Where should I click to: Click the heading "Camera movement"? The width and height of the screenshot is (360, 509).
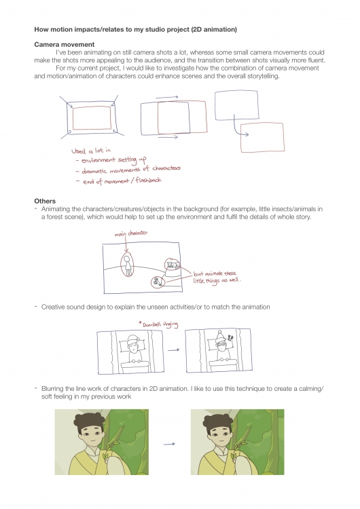(x=65, y=45)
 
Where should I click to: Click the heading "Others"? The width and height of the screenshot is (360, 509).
(x=45, y=201)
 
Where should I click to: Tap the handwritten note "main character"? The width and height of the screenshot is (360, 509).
(x=131, y=233)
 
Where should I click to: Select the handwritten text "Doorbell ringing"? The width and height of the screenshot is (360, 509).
(x=158, y=324)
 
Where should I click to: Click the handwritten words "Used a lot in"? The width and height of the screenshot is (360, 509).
(x=91, y=151)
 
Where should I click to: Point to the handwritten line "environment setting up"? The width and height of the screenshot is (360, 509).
(x=111, y=160)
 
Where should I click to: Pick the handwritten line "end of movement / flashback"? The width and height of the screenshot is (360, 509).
(x=118, y=181)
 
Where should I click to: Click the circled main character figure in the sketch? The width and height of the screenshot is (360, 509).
(x=127, y=264)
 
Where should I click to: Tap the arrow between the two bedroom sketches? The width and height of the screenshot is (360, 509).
(x=173, y=350)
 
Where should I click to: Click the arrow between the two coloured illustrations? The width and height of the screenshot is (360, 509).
(x=169, y=444)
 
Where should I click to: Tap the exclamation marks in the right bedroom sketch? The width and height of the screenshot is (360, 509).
(x=231, y=338)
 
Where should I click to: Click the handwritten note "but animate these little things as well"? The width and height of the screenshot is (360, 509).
(x=217, y=278)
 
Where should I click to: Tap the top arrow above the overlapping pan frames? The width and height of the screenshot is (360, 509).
(x=166, y=97)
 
